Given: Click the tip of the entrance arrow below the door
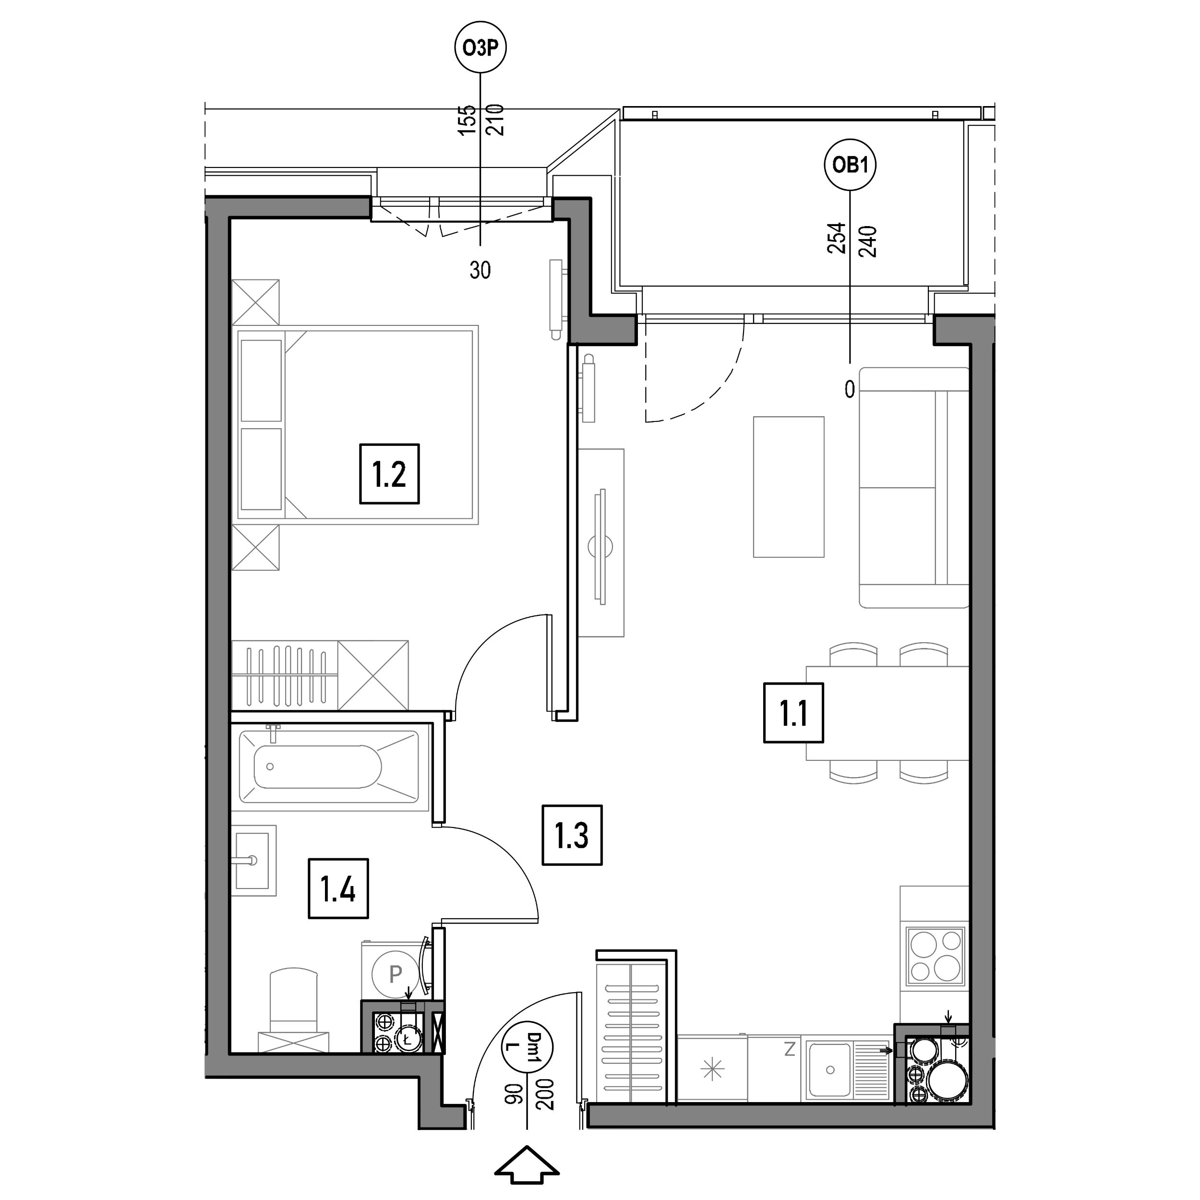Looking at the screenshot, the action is click(527, 1147).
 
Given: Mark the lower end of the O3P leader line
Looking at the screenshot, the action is click(480, 247).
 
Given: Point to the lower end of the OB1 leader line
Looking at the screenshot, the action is click(850, 363).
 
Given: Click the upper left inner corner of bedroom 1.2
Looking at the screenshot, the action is click(230, 218).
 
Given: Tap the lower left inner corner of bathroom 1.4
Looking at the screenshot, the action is click(230, 1052).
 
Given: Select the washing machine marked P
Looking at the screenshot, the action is click(395, 973).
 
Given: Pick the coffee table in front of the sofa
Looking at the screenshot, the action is click(788, 486).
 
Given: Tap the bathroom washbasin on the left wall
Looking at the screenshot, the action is click(254, 860).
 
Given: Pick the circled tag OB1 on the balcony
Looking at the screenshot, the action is click(850, 165).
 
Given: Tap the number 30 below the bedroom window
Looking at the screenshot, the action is click(480, 270).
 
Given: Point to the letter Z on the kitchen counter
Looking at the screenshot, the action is click(790, 1050).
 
